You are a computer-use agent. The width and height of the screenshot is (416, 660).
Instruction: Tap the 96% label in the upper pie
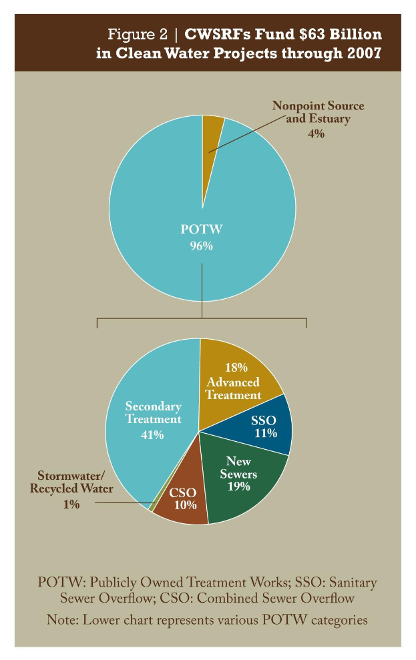tap(201, 246)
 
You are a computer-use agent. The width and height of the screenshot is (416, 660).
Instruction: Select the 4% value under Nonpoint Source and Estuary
tap(316, 133)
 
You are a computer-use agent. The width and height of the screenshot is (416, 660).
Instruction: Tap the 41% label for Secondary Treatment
tap(152, 435)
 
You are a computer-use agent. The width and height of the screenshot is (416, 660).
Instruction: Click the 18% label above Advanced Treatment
tap(236, 367)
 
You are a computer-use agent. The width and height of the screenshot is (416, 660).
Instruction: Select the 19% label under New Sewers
tap(238, 486)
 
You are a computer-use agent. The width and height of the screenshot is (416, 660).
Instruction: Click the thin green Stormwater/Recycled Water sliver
tap(153, 507)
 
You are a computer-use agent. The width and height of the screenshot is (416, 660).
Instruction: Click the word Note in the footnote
tap(62, 620)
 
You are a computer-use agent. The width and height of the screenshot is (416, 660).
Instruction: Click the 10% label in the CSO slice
tap(184, 505)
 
